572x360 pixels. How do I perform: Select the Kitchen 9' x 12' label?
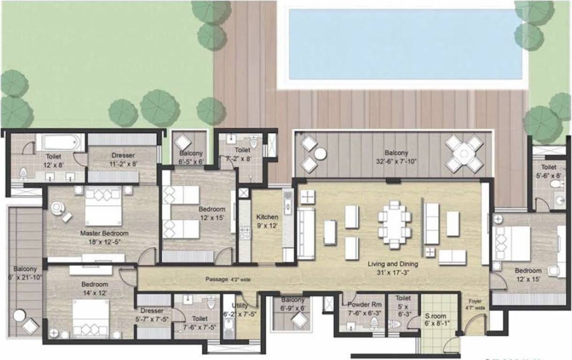[267, 221]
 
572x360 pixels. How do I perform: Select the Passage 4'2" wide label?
[228, 279]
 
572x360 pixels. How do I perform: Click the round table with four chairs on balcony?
[464, 154]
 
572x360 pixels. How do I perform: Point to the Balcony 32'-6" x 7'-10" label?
[396, 157]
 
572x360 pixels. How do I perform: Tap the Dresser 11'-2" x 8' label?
[123, 159]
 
